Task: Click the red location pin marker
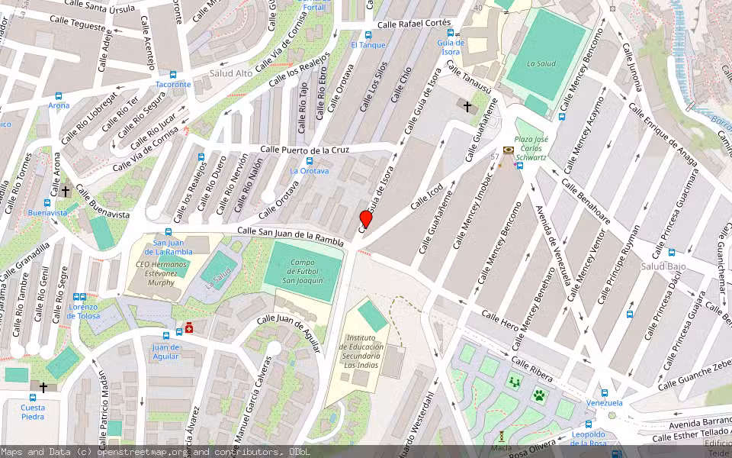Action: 366,220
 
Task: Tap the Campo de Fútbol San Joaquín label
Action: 303,271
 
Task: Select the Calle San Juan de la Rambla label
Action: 291,235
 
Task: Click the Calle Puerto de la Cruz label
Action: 304,150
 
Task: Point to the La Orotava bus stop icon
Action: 309,161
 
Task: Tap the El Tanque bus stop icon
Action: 368,35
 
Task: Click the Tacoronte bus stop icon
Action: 173,75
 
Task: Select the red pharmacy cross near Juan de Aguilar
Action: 188,328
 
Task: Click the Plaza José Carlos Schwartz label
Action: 531,148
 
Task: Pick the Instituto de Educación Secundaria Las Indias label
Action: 361,351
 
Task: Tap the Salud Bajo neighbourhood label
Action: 663,266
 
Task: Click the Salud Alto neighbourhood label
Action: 231,73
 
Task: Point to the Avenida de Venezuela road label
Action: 554,244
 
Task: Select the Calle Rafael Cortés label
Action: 414,24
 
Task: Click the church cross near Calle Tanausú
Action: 467,107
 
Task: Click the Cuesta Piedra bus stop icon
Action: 33,397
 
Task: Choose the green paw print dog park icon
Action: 539,395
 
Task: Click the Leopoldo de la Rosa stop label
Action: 588,439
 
